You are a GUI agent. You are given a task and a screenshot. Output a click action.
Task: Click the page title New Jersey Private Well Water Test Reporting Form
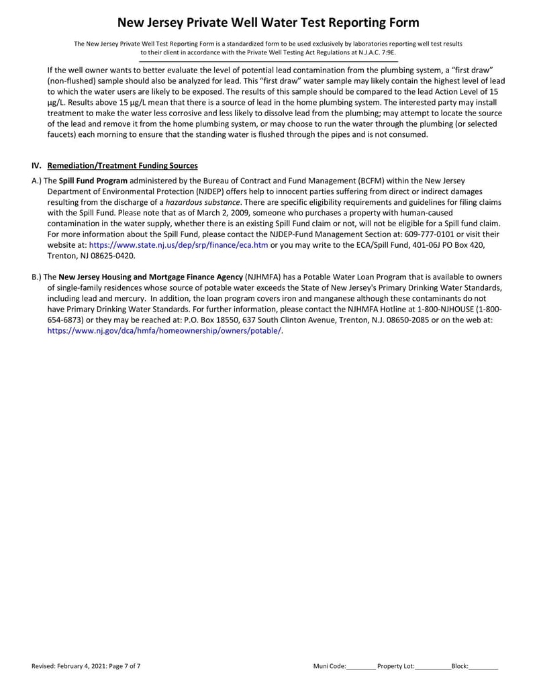[x=268, y=23]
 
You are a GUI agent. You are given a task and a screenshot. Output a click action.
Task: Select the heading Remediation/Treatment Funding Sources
[x=123, y=166]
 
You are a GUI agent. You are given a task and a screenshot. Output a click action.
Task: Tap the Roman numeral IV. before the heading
[x=37, y=166]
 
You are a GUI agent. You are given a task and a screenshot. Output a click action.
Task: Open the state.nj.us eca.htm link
[x=179, y=245]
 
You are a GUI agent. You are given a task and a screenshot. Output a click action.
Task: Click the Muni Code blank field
[x=361, y=667]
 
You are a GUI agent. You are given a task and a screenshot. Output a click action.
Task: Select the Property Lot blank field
[x=433, y=667]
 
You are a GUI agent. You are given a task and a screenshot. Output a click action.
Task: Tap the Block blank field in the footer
[x=483, y=667]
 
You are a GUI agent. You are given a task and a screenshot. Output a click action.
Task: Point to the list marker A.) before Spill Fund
[x=37, y=181]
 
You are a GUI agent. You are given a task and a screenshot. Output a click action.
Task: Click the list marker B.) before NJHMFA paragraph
[x=37, y=277]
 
